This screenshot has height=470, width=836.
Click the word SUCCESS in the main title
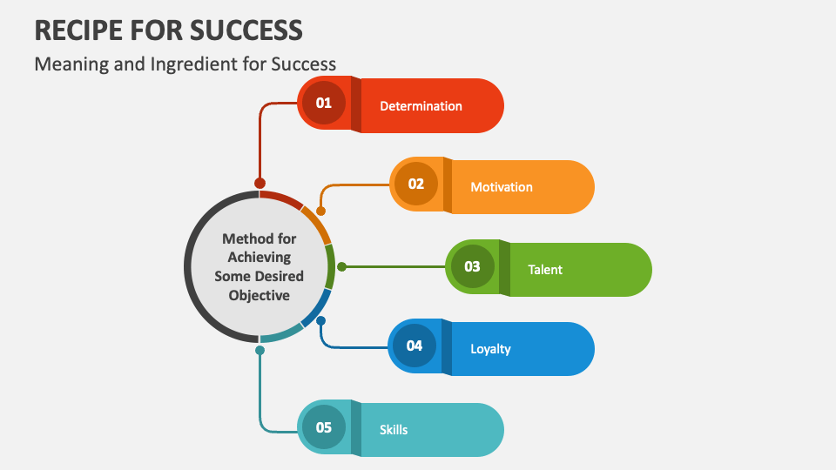tap(246, 30)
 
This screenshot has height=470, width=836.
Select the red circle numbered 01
tap(324, 103)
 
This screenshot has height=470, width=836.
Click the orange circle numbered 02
tap(416, 184)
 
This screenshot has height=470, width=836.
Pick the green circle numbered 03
tap(472, 266)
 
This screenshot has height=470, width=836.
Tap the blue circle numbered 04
tap(415, 346)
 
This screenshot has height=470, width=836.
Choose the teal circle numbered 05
tap(324, 427)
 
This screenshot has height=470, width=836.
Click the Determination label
tap(421, 106)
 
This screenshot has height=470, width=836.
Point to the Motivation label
tap(502, 187)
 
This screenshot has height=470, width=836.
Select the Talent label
tap(545, 270)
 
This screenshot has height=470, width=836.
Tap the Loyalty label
tap(490, 349)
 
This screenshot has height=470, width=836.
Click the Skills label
tap(394, 429)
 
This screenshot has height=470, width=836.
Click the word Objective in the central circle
tap(260, 295)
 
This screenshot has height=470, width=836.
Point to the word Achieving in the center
tap(260, 258)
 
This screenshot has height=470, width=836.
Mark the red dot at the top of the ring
tap(260, 184)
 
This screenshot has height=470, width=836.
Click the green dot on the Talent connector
tap(341, 266)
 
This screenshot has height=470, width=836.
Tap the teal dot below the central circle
tap(260, 350)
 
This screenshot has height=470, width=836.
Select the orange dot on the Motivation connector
tap(321, 211)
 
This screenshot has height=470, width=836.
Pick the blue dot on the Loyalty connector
tap(321, 321)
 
